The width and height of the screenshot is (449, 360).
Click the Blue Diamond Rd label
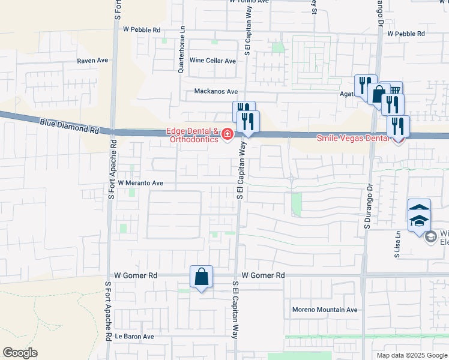[70, 125]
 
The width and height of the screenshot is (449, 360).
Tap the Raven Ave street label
[92, 61]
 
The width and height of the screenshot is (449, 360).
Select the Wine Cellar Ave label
[212, 61]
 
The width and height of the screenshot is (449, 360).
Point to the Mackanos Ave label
[215, 92]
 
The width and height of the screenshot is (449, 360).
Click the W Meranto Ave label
[140, 182]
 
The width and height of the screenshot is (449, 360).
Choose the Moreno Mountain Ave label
[325, 310]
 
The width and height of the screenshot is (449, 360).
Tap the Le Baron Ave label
[134, 337]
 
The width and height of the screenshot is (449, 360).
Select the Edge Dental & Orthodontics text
[192, 136]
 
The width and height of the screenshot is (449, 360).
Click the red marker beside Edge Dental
[228, 134]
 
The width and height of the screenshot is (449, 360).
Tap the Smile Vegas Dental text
[354, 138]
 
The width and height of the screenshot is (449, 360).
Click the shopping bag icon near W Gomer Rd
[201, 277]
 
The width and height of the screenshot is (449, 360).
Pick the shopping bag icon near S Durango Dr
[379, 95]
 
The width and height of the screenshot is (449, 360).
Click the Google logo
[20, 353]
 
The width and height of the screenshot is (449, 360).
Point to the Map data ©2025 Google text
[412, 355]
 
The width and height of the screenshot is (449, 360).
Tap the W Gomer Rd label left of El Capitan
[136, 275]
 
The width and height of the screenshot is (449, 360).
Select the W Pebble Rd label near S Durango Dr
[406, 34]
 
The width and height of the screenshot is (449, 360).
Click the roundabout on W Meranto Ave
[291, 178]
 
